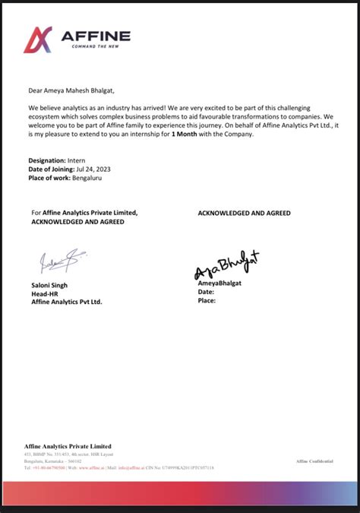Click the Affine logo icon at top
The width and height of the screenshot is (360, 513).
tap(38, 40)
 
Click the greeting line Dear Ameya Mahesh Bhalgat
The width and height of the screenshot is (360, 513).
tap(71, 90)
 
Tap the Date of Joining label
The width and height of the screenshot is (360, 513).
tap(54, 169)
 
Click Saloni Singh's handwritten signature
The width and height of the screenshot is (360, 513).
tap(58, 261)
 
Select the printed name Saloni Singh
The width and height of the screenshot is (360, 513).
tap(49, 285)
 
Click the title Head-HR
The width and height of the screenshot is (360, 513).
tap(44, 293)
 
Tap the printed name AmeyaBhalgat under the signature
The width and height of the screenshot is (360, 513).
tap(221, 283)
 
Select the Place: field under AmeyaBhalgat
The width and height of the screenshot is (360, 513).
tap(207, 300)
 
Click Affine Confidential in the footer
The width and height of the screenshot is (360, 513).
tap(314, 461)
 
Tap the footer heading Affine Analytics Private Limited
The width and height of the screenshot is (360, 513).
tap(68, 446)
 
